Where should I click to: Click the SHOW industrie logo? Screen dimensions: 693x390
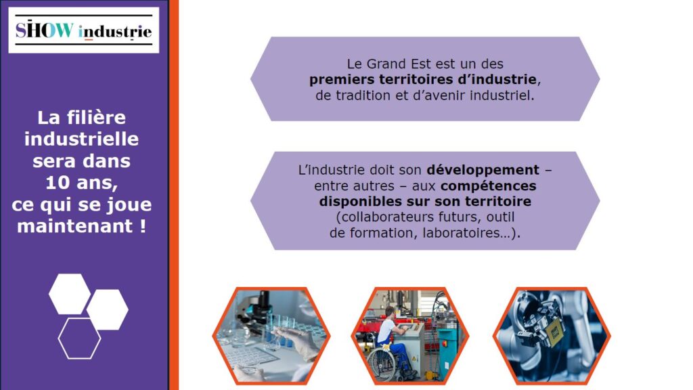[x=83, y=30]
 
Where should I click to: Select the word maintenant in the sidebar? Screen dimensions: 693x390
[x=74, y=226]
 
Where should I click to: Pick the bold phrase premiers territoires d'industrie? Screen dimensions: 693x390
[x=423, y=80]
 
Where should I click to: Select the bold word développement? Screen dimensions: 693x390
[x=483, y=170]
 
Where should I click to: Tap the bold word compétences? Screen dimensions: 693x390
[x=489, y=186]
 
